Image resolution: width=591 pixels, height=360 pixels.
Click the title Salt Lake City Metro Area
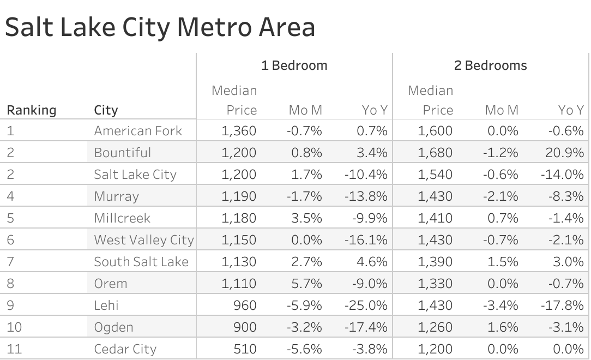pos(160,27)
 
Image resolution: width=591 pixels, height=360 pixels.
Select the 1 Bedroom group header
pos(294,65)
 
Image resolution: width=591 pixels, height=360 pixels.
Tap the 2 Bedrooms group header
pos(490,65)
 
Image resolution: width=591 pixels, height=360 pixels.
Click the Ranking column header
pos(31,110)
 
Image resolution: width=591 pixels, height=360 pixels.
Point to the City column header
pos(106,110)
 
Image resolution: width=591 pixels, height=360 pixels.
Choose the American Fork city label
pos(138,131)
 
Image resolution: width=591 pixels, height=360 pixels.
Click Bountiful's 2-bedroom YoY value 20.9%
pos(564,153)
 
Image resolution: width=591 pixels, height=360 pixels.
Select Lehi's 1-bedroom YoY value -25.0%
pos(365,305)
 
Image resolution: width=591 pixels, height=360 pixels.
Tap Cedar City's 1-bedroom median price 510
pos(245,349)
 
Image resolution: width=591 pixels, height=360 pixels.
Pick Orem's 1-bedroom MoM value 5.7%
pos(306,284)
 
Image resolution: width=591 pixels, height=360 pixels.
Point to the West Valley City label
pos(143,240)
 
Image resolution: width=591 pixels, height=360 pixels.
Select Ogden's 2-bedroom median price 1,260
pos(435,327)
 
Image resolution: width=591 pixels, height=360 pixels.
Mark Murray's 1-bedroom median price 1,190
pos(239,196)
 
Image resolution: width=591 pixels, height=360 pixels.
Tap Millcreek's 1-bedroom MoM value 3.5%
pos(306,218)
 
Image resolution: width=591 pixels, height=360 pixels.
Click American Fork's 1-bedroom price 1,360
pos(239,131)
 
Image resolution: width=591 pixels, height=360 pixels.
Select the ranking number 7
pos(10,262)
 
